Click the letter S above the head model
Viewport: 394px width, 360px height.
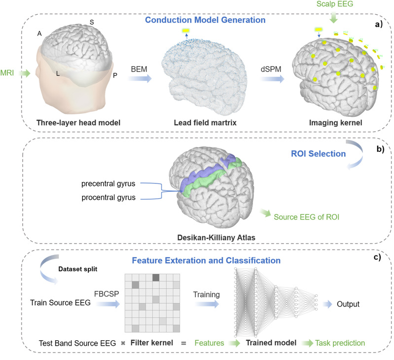pyautogui.click(x=91, y=22)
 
